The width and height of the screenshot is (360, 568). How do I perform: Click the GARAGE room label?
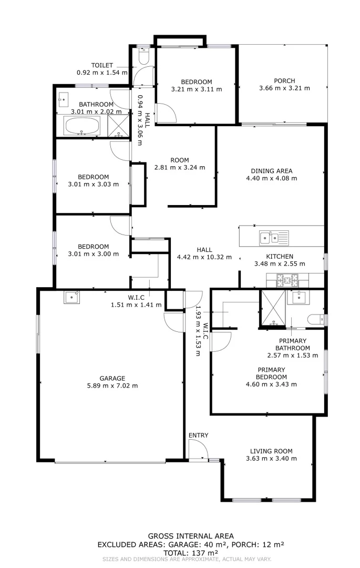[112, 378]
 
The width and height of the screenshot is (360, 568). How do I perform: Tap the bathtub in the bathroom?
[81, 126]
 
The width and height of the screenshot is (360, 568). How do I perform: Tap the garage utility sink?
[71, 297]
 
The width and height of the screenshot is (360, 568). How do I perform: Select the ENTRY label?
[198, 435]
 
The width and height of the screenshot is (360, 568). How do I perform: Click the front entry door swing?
[198, 450]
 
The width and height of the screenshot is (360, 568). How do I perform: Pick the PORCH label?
[284, 80]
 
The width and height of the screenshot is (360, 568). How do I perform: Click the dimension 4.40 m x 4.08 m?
[271, 178]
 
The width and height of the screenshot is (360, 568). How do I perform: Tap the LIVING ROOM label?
[271, 451]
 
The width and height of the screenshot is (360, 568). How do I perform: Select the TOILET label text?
[102, 65]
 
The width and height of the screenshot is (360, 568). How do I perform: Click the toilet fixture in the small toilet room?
[143, 54]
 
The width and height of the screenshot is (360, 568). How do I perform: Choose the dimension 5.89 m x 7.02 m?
[112, 386]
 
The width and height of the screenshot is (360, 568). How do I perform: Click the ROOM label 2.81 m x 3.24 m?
[179, 160]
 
